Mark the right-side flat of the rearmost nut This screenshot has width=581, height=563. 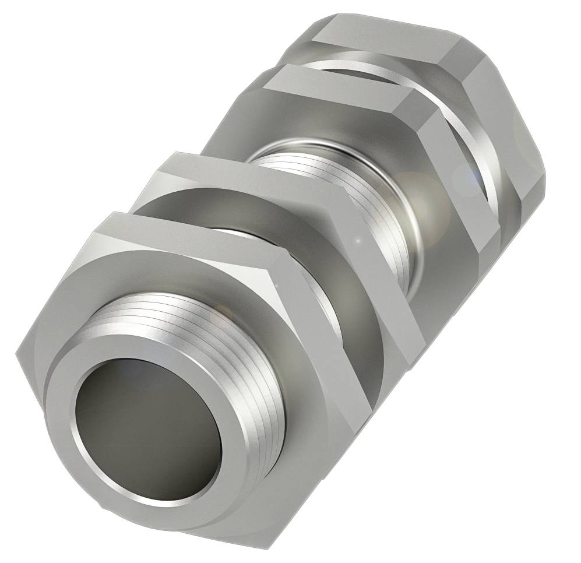[513, 117]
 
